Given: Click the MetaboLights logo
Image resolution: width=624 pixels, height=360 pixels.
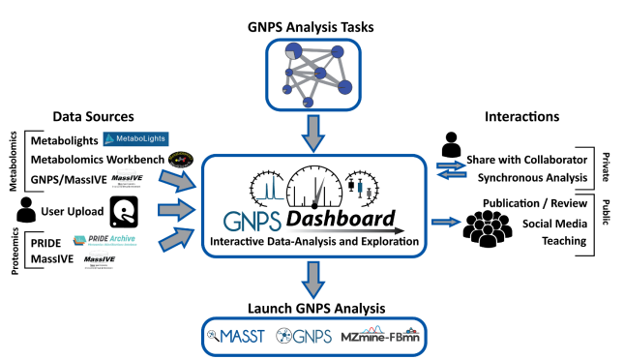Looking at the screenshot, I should pyautogui.click(x=136, y=140).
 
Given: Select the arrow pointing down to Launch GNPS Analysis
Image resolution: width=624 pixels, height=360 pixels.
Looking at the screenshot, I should pyautogui.click(x=312, y=282).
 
